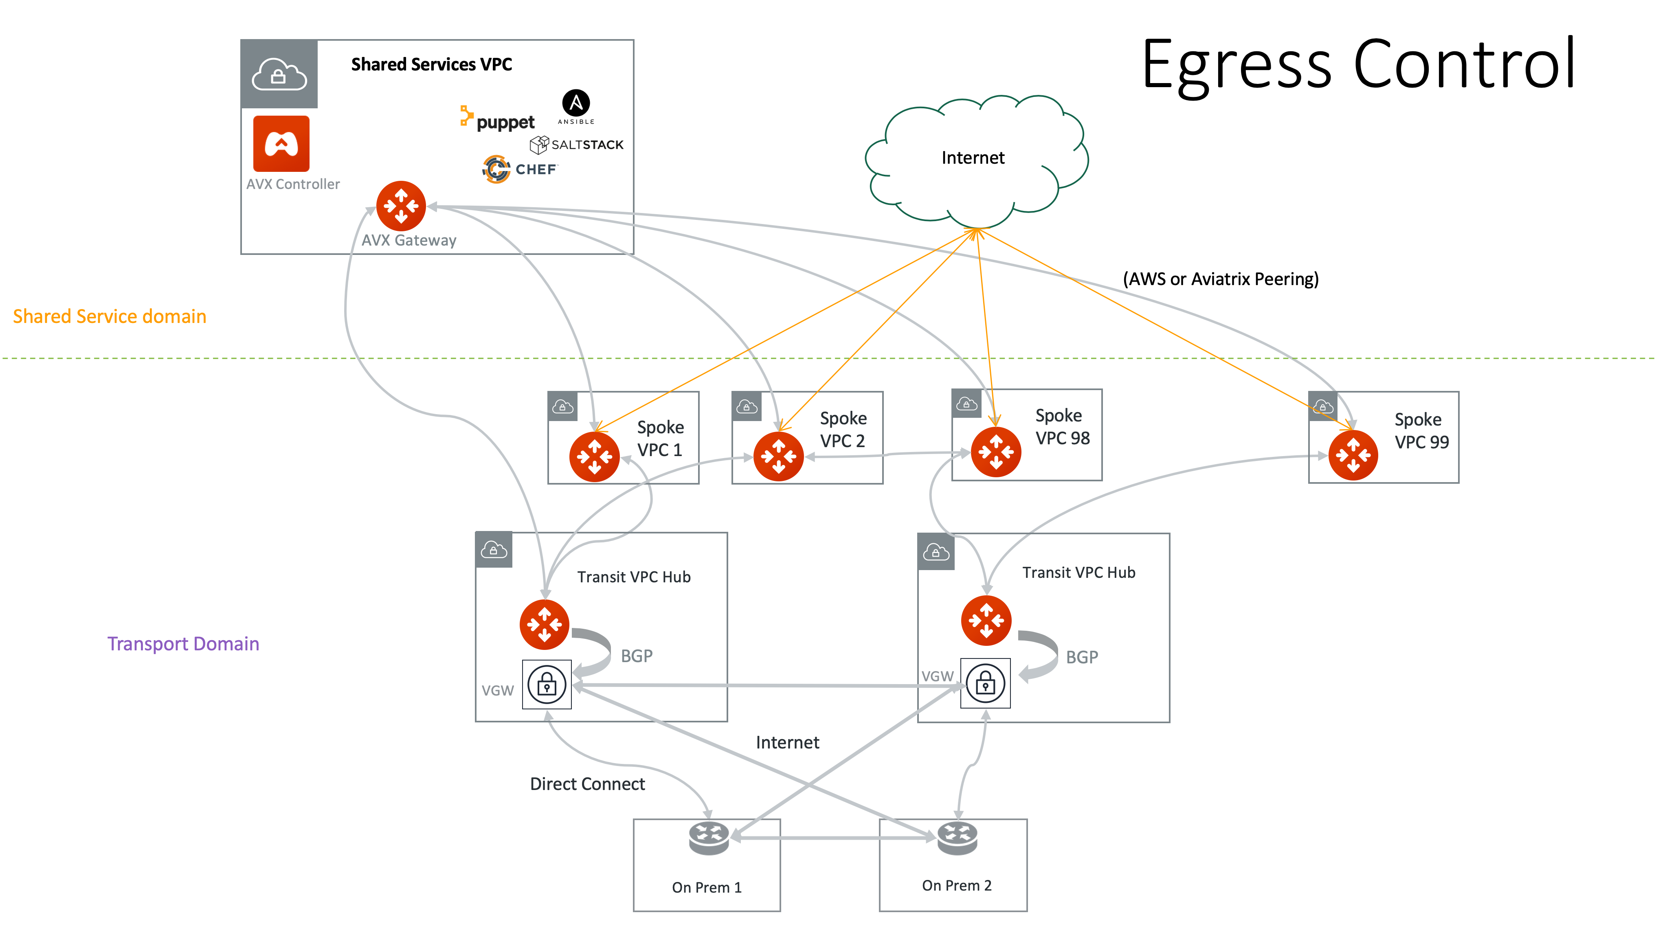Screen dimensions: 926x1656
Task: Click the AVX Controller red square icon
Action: (281, 143)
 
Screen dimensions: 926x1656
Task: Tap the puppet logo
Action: (498, 120)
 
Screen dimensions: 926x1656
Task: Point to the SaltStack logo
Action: (577, 145)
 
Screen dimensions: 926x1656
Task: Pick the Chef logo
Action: (519, 169)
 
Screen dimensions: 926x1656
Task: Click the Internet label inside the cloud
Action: (973, 158)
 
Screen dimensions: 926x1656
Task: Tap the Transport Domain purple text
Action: (183, 643)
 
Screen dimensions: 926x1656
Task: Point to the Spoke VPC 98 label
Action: (1062, 427)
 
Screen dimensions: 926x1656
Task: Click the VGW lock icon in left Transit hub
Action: (547, 685)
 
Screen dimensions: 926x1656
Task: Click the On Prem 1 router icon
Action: (708, 837)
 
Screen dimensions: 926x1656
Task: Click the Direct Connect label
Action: (587, 784)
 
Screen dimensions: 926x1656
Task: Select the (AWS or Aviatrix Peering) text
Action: (1221, 279)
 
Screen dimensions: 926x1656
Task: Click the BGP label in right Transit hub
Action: (1082, 657)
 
